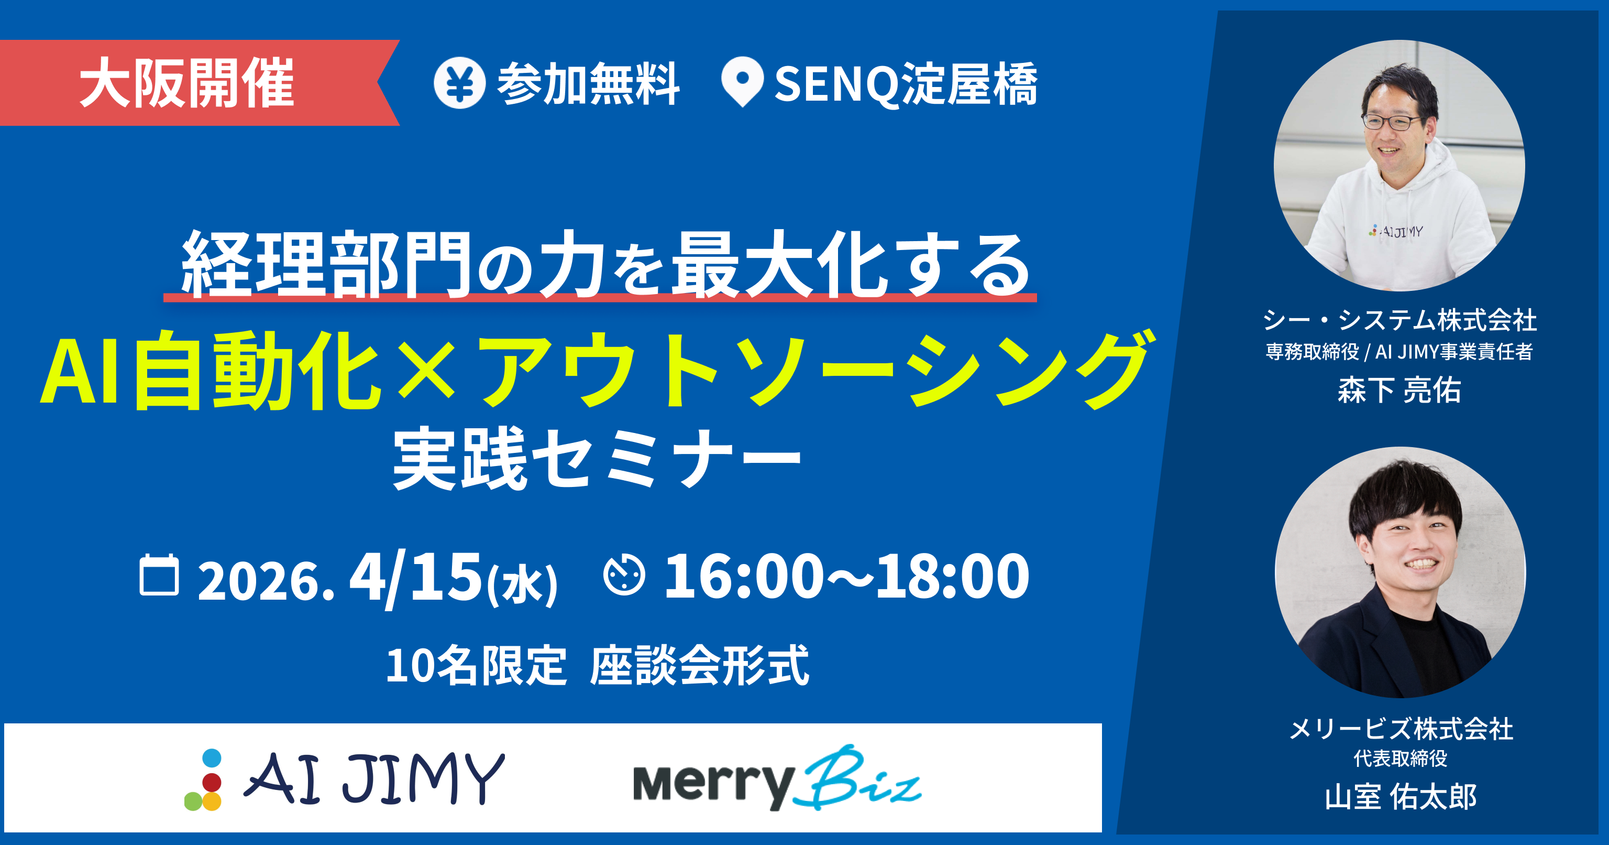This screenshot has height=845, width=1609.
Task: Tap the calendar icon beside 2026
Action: tap(159, 575)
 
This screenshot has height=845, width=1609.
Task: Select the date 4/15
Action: tap(415, 576)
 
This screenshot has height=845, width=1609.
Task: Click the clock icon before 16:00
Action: tap(623, 575)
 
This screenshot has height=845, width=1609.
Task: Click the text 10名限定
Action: tap(476, 666)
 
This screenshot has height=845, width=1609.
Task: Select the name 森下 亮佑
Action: tap(1399, 390)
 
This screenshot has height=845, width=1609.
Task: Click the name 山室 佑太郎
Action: tap(1401, 797)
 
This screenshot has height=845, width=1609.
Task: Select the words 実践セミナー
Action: tap(597, 459)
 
